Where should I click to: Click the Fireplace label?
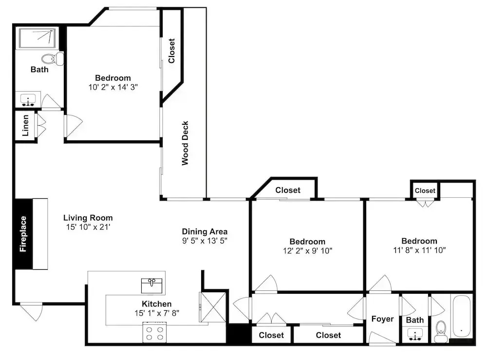coord(23,234)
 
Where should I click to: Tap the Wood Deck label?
coord(185,143)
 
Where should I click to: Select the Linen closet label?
coord(25,126)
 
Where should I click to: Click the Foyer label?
coord(382,319)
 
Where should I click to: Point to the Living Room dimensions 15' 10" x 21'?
coord(88,227)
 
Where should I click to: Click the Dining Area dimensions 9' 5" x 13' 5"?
coord(205,241)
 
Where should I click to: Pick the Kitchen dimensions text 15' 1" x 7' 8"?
coord(157,313)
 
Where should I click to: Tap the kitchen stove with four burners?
coord(155,333)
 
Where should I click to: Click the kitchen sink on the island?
coord(151,286)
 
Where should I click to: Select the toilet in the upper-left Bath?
coord(53,59)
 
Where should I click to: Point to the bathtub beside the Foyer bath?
coord(462,317)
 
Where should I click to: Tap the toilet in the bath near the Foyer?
coord(441,331)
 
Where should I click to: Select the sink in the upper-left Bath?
coord(28,99)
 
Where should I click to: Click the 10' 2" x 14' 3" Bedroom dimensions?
coord(113,87)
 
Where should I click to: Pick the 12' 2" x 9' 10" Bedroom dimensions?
coord(307,251)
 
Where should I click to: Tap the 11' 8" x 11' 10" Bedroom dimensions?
coord(419,250)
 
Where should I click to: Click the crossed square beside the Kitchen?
coord(213,307)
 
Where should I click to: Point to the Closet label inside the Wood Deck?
coord(171,51)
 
